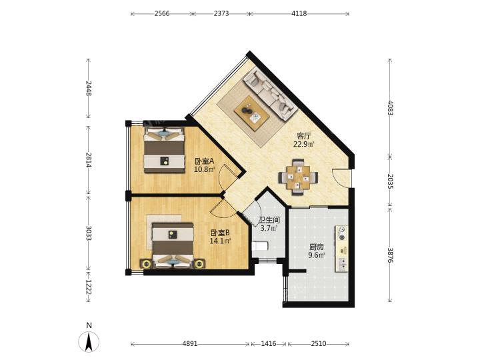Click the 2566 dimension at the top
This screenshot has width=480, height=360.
[x=162, y=14]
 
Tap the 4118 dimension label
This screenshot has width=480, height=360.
[x=299, y=14]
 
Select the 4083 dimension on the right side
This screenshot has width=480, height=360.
[x=390, y=108]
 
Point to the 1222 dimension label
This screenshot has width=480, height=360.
[x=88, y=287]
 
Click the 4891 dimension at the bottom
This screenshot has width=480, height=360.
[x=190, y=344]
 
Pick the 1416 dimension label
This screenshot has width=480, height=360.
[x=269, y=344]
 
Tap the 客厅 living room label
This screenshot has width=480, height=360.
[x=304, y=136]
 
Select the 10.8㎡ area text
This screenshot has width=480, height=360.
[x=205, y=169]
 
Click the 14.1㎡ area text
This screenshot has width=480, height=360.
[x=220, y=241]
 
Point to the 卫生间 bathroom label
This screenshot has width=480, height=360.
[x=269, y=220]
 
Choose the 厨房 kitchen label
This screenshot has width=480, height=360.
[x=317, y=247]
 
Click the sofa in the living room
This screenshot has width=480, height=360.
[x=270, y=94]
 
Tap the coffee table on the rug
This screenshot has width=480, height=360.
[x=251, y=113]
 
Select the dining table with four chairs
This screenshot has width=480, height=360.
[x=298, y=177]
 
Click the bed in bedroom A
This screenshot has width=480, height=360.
[x=165, y=150]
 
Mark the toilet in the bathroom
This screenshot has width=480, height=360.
[x=259, y=246]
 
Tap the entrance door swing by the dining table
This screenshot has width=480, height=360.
[x=341, y=177]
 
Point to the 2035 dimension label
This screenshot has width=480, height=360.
[x=390, y=181]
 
